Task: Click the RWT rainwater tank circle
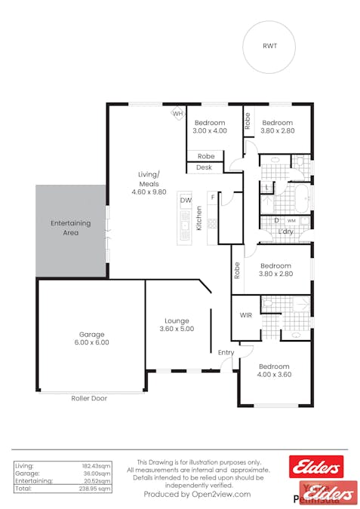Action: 269,45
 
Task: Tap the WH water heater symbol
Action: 178,114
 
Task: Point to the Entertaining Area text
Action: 70,228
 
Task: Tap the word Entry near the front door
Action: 226,352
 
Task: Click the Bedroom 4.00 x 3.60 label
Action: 273,371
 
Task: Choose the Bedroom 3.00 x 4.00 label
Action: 209,127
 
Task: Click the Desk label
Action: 204,167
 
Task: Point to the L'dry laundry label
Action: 285,232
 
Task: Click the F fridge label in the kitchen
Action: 213,198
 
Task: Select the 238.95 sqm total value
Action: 96,489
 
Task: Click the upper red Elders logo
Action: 316,466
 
